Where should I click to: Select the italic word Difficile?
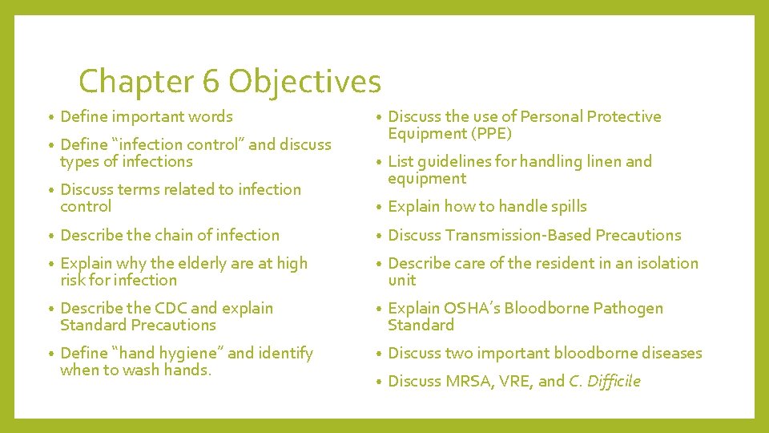coord(614,381)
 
